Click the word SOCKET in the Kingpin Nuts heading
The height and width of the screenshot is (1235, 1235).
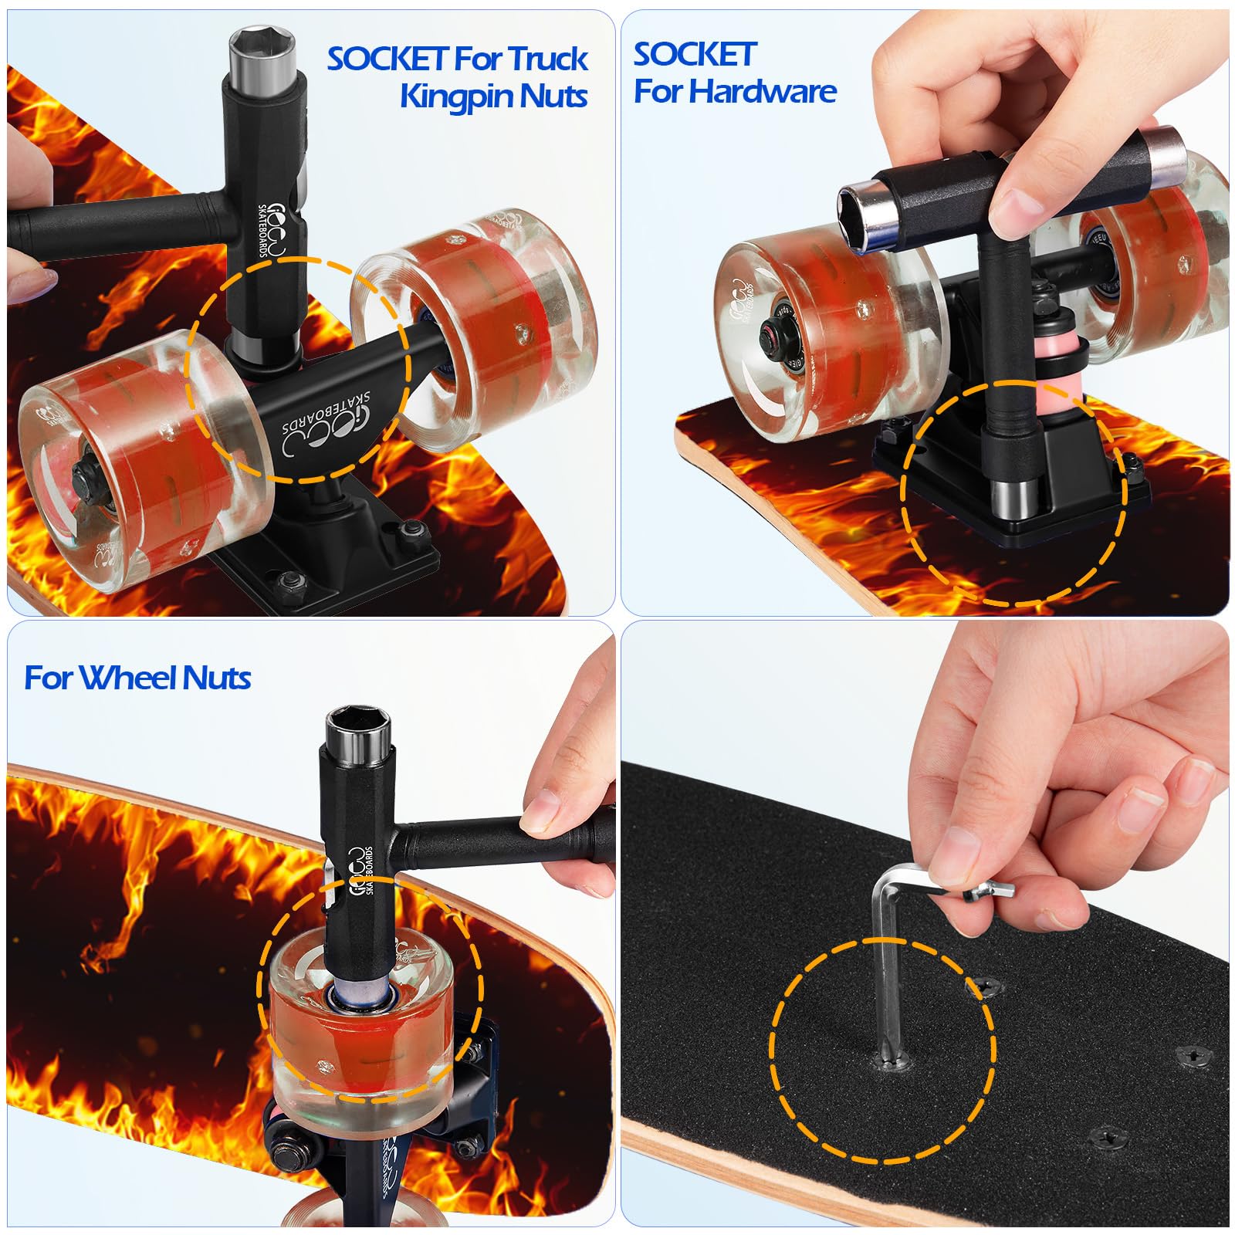click(x=387, y=59)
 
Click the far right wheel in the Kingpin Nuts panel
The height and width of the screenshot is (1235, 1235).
click(x=494, y=324)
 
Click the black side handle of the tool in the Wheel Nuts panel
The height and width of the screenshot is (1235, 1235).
click(x=494, y=837)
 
